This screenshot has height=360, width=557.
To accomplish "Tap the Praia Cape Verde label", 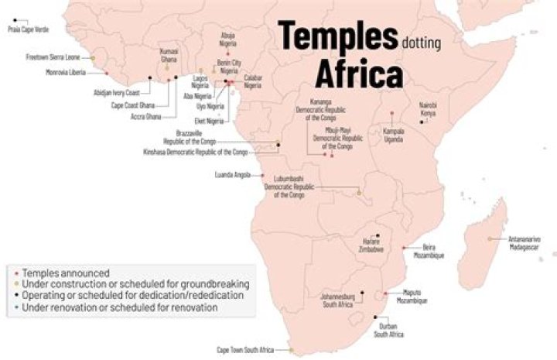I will [x=25, y=29].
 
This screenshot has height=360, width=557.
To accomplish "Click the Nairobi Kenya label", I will [x=428, y=109].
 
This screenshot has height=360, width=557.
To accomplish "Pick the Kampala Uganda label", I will [x=395, y=135].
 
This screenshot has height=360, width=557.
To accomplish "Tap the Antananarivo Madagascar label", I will [x=524, y=242].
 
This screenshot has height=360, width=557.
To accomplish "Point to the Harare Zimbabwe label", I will [x=370, y=243].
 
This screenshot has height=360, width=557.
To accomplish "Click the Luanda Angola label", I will [x=233, y=175].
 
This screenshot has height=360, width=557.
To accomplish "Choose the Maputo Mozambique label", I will [x=415, y=297].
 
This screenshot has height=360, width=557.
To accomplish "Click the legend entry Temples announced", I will [x=66, y=273].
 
